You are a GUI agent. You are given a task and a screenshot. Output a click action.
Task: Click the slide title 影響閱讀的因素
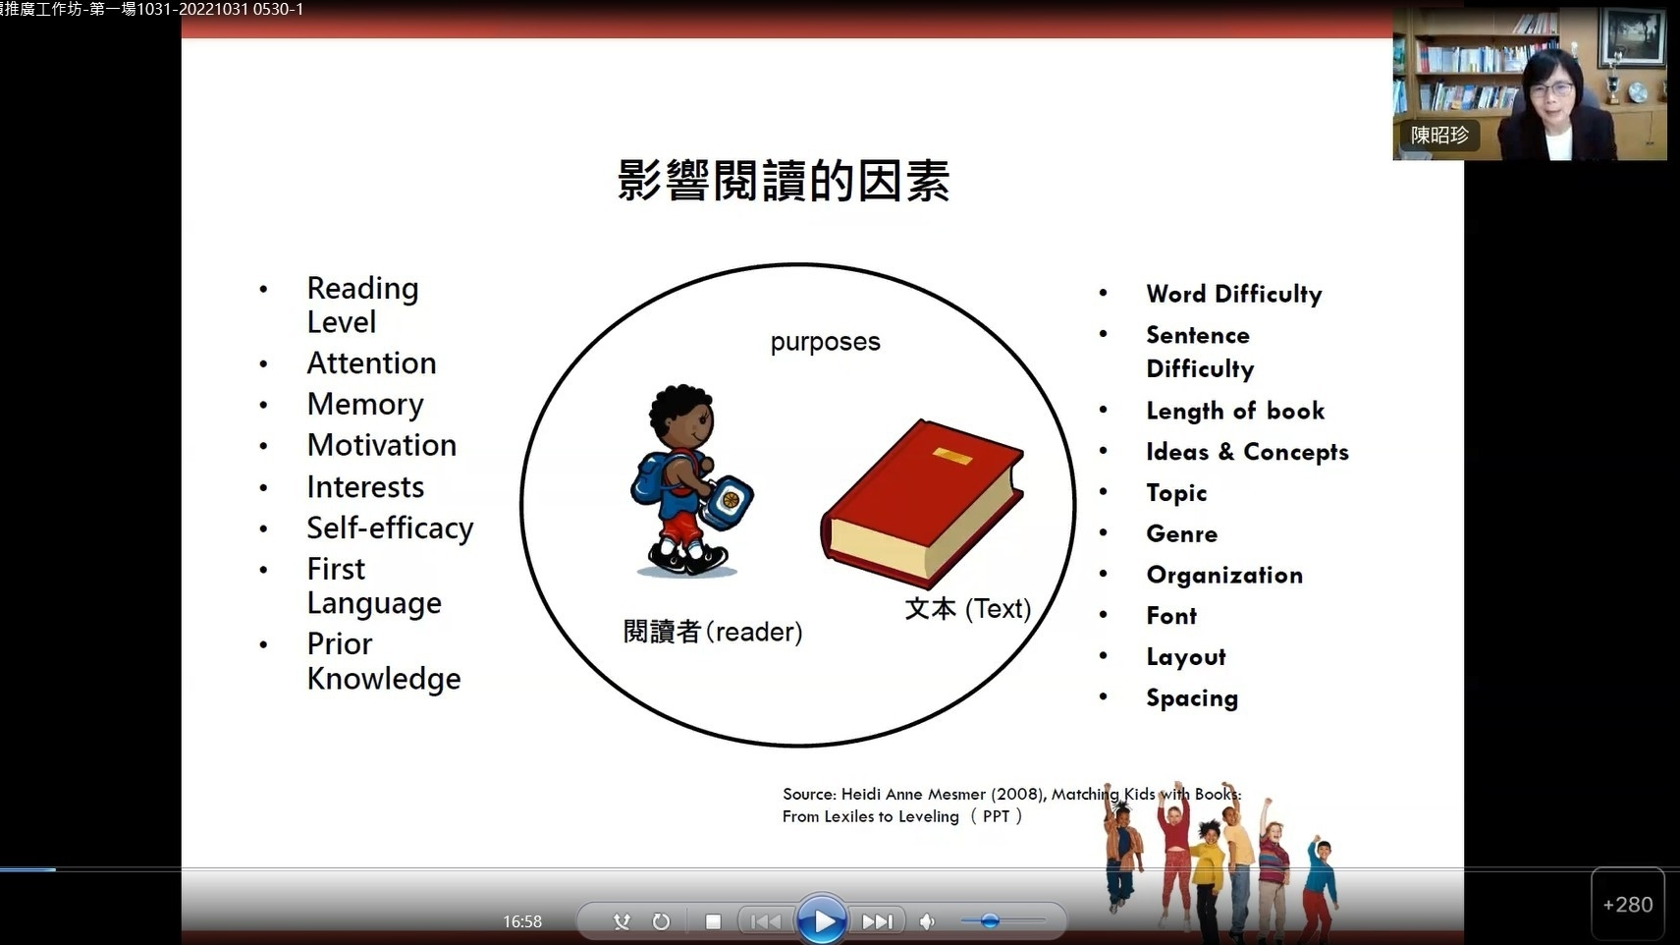click(784, 181)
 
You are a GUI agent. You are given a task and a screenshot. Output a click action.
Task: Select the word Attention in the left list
click(371, 363)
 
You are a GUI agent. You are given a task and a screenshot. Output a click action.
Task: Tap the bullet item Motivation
click(382, 445)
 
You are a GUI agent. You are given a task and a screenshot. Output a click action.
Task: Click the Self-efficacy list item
click(390, 528)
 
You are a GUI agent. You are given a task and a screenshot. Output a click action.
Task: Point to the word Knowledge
click(384, 679)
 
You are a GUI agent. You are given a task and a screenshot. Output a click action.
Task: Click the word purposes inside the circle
click(825, 342)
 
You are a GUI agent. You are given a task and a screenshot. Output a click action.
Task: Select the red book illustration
click(922, 503)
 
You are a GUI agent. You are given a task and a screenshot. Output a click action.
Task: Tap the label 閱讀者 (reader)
click(713, 632)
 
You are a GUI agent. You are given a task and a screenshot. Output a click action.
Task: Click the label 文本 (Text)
click(967, 608)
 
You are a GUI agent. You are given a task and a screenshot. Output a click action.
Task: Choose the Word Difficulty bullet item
click(1234, 295)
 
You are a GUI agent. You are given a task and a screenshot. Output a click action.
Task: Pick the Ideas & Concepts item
click(1247, 452)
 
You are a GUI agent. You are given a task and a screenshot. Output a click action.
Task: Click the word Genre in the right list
click(1182, 533)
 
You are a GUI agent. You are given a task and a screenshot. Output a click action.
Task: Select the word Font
click(1171, 616)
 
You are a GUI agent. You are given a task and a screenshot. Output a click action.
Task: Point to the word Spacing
click(1192, 698)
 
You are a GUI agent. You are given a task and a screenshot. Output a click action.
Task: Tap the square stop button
click(713, 921)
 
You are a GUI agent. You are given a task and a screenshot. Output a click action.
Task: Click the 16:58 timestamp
click(522, 921)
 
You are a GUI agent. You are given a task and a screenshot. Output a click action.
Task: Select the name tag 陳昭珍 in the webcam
click(1439, 136)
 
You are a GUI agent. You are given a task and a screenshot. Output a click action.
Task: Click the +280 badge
click(1628, 905)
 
